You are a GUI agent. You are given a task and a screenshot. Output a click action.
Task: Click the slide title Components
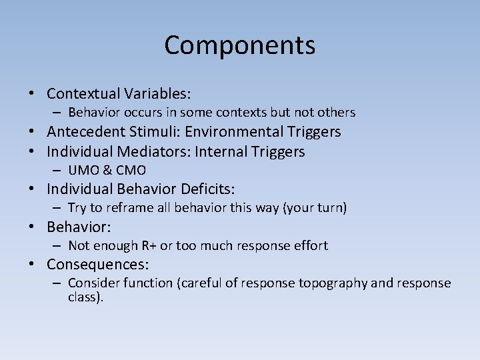(240, 45)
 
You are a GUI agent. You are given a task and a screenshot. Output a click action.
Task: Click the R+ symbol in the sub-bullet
(147, 245)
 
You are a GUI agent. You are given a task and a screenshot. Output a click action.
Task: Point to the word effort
(310, 245)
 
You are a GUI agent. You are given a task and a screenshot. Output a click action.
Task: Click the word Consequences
(97, 264)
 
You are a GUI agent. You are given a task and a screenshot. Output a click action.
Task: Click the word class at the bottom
(85, 297)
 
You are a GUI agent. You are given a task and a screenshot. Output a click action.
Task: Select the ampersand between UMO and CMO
(108, 170)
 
